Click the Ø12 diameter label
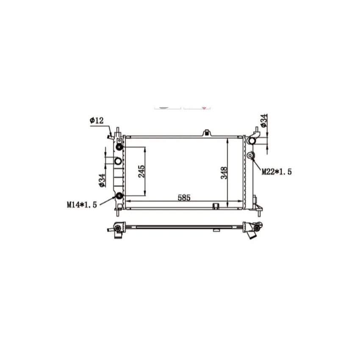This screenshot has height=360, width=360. (97, 120)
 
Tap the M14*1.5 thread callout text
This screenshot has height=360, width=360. (82, 205)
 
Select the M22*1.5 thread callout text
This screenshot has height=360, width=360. (277, 172)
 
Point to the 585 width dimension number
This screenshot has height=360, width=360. (184, 197)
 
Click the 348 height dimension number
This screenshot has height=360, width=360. (224, 173)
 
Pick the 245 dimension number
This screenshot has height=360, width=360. (141, 171)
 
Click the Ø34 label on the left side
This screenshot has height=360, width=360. (102, 180)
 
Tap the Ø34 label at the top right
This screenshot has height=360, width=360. (264, 121)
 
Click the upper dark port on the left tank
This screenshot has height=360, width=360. (119, 147)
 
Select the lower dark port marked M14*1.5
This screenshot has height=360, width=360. (119, 196)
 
